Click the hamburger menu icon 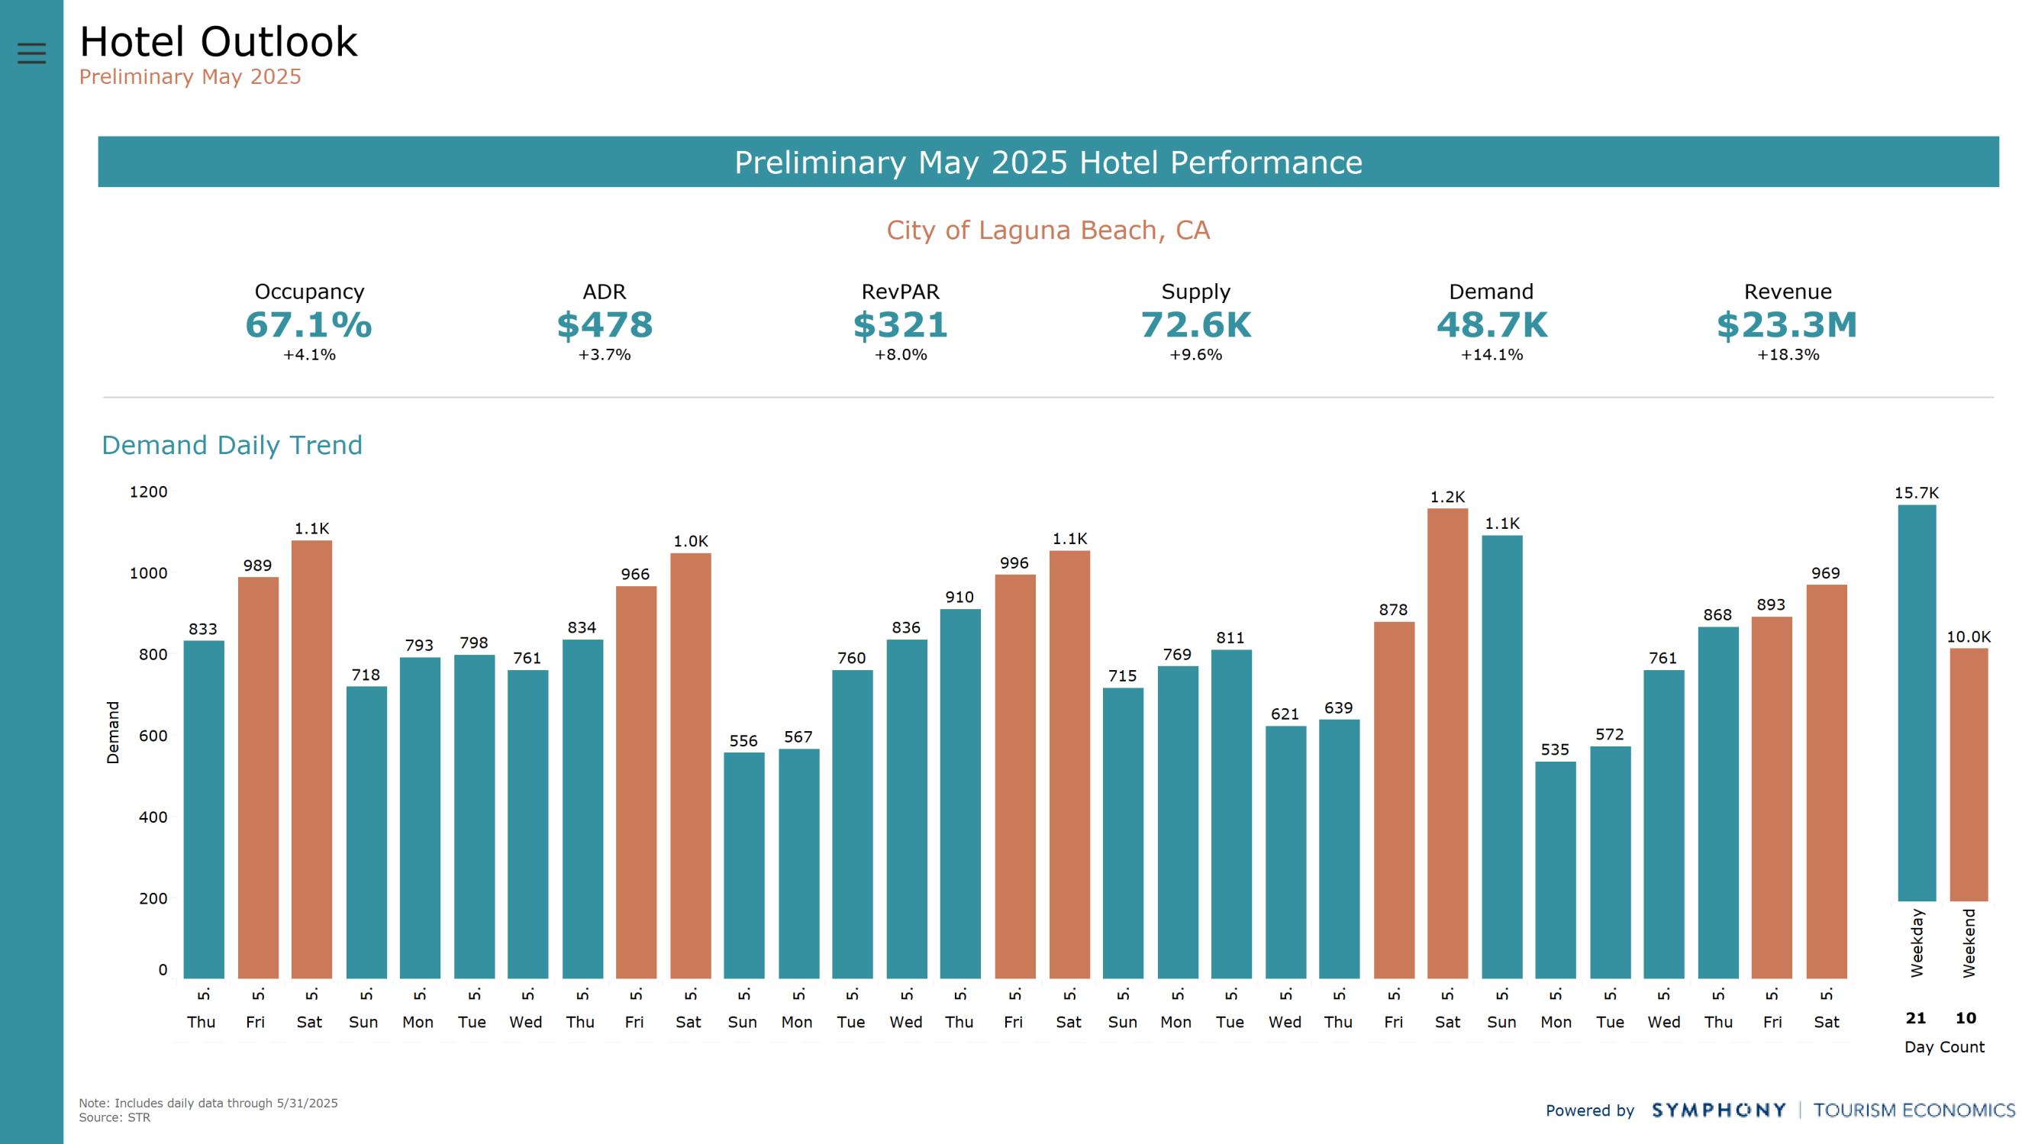[31, 53]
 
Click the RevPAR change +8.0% [900, 355]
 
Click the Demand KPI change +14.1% [1491, 355]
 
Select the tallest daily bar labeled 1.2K [1447, 743]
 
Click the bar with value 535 [1556, 869]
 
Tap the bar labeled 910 [959, 793]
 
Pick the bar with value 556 [743, 865]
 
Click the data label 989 [257, 566]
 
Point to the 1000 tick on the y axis [149, 574]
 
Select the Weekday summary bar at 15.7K [1917, 703]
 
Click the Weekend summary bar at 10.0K [1968, 775]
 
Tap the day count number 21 [1916, 1017]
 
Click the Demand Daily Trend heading [231, 445]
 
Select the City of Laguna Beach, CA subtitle [1047, 230]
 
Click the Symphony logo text [1718, 1110]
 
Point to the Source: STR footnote [114, 1117]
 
